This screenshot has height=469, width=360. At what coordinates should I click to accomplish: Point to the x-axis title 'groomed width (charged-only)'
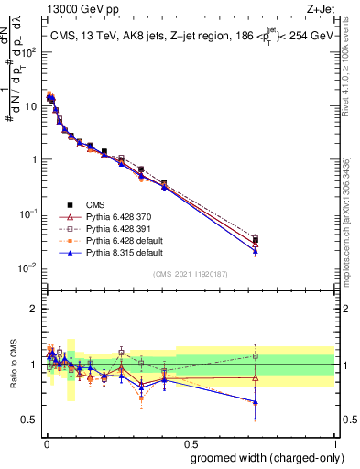pos(262,457)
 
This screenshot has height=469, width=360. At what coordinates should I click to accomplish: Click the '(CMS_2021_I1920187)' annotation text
pos(191,274)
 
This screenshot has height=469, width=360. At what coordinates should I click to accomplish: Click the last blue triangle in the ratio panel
pos(256,401)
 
